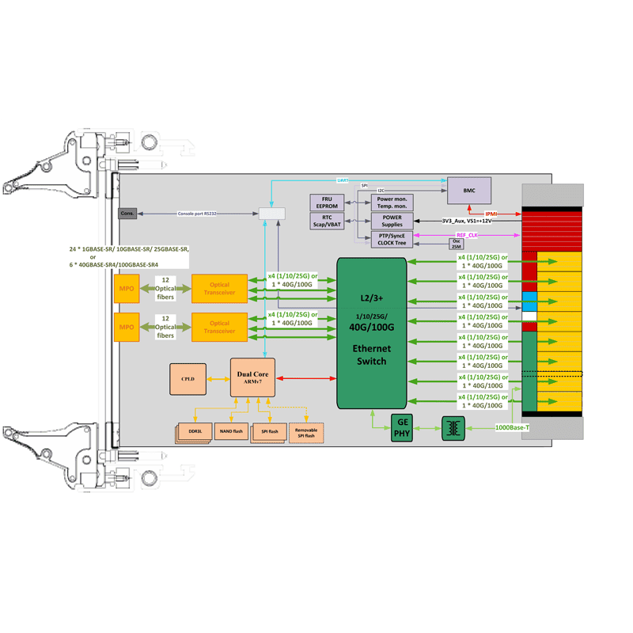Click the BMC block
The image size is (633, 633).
pos(468,191)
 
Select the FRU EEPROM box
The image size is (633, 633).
pos(327,202)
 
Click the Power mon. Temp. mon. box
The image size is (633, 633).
pos(392,202)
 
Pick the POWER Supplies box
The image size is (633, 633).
pos(392,220)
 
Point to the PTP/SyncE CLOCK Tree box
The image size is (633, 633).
pos(392,239)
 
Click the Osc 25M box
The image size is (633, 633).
pos(456,244)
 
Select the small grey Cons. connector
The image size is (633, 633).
pos(127,214)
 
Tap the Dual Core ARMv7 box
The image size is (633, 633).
pos(253,377)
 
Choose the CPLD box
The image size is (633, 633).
pos(188,379)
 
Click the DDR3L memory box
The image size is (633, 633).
pos(195,430)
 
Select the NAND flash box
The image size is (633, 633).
pos(231,430)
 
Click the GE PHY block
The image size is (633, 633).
pos(402,429)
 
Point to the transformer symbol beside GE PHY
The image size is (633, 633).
pos(453,429)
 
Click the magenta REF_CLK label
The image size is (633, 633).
pos(467,235)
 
